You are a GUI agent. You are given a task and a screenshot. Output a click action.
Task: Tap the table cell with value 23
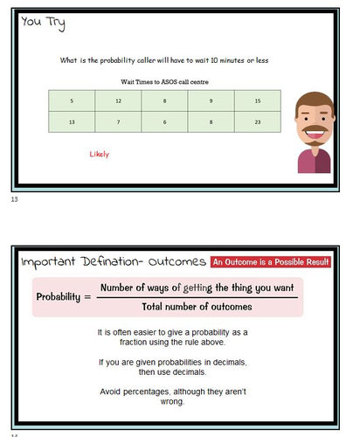[256, 122]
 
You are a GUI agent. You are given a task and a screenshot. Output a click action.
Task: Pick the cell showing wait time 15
[256, 101]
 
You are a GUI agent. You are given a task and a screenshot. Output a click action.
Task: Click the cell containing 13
[72, 122]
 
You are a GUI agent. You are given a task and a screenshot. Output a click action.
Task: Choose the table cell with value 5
[72, 101]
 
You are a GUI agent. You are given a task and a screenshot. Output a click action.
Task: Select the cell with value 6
[163, 122]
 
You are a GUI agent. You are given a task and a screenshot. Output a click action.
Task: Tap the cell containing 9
[211, 101]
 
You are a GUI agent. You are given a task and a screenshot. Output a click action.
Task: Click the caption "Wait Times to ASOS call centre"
[164, 81]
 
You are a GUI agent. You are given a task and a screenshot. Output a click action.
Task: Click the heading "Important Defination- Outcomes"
[109, 262]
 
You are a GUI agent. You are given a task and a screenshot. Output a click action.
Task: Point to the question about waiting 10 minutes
[163, 60]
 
